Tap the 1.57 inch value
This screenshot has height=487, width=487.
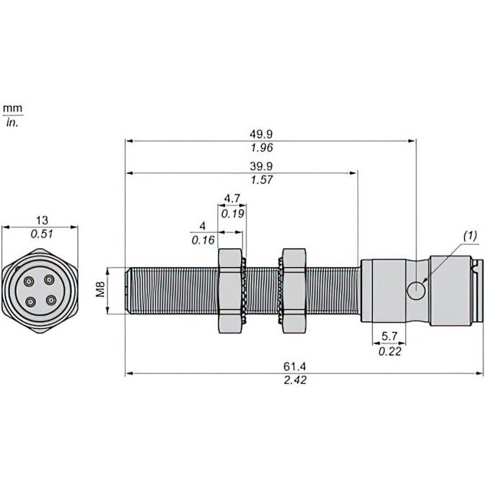[261, 180]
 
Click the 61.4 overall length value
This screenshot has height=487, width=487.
[296, 367]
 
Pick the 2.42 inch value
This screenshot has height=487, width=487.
[296, 380]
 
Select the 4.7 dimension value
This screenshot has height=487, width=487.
[232, 198]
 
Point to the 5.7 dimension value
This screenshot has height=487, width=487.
[388, 336]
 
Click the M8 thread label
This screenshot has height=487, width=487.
[102, 290]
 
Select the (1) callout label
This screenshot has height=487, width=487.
[469, 236]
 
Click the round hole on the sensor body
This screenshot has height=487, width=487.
[416, 290]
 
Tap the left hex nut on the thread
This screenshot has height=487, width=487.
[230, 290]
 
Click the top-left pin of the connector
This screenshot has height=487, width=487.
[31, 281]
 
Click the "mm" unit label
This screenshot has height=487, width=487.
[12, 108]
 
